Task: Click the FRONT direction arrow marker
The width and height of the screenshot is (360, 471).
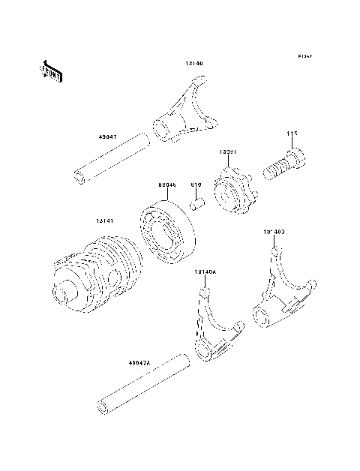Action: (50, 70)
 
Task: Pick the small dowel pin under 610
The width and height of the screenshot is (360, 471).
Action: (198, 203)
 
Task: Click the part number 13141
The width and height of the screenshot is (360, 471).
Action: (104, 220)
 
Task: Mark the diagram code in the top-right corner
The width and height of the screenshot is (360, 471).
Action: (304, 56)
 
